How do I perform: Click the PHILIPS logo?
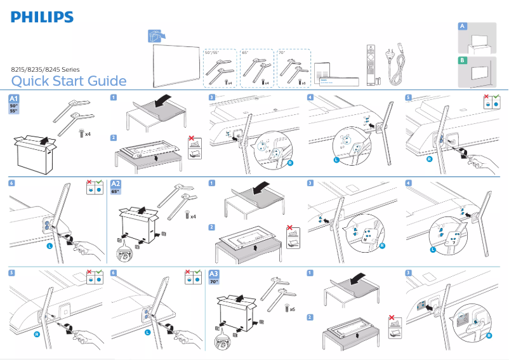(x=42, y=17)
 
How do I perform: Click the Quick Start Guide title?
(x=69, y=81)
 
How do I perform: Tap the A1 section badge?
(x=14, y=99)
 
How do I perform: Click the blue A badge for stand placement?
(x=463, y=26)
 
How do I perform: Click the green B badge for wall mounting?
(x=463, y=61)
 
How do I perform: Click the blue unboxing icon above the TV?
(x=154, y=37)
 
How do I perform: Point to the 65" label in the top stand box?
(x=245, y=53)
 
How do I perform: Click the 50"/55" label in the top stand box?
(x=211, y=53)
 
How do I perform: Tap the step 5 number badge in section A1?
(x=409, y=97)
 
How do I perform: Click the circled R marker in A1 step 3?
(x=290, y=163)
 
